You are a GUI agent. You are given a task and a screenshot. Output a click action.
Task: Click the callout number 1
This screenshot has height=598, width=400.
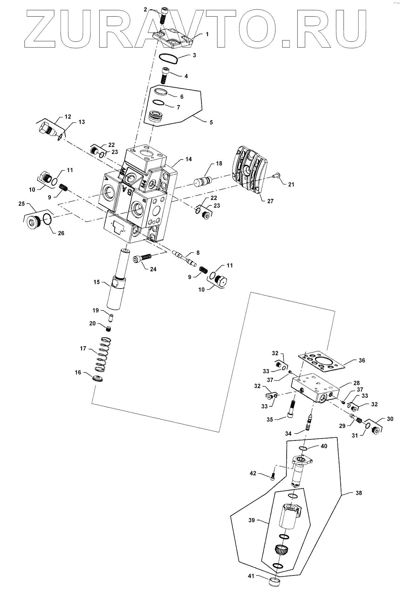tap(207, 34)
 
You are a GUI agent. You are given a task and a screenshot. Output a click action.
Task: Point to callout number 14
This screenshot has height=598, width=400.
tap(188, 159)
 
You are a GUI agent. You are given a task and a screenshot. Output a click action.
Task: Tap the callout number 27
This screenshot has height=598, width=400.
tap(270, 201)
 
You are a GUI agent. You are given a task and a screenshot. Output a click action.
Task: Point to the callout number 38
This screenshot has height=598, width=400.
tap(359, 493)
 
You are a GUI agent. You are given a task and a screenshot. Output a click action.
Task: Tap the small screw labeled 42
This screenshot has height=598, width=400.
tap(273, 476)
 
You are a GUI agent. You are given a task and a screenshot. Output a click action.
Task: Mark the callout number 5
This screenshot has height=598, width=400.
tap(211, 122)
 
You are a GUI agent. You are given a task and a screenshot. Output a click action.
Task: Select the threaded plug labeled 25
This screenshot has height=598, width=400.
tap(34, 221)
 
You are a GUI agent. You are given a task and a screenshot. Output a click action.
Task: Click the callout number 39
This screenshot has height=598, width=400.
tap(252, 520)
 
